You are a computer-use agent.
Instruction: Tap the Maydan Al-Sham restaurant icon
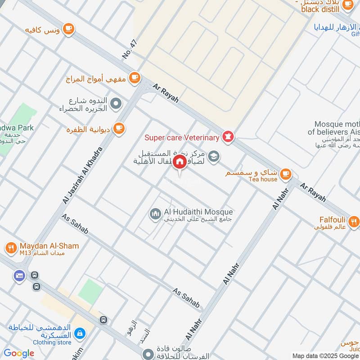[x=11, y=247]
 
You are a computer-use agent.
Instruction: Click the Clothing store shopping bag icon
[x=79, y=333]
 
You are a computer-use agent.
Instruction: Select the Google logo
[x=19, y=353]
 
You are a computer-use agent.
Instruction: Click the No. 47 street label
[x=129, y=49]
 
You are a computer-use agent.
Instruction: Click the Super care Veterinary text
[x=182, y=137]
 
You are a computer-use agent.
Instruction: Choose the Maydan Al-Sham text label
[x=49, y=246]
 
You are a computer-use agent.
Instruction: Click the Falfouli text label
[x=332, y=220]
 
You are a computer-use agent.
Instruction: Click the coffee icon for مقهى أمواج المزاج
[x=134, y=77]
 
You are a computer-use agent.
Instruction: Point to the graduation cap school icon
[x=214, y=155]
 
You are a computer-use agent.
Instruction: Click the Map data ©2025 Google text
[x=325, y=355]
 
